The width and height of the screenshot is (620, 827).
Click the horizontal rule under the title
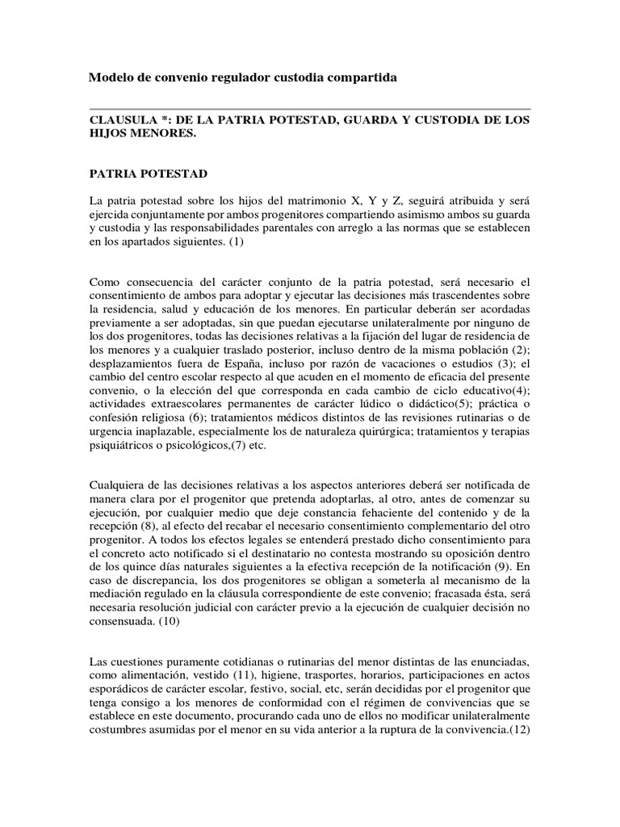pyautogui.click(x=309, y=108)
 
